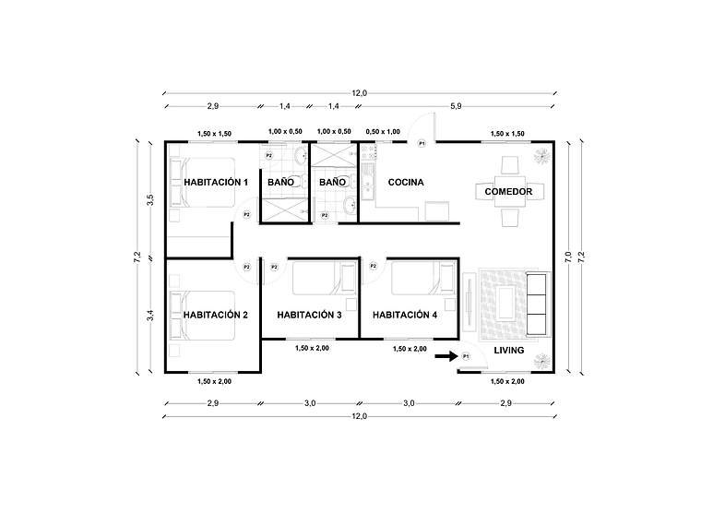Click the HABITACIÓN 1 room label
(x=216, y=182)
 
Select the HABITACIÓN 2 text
(x=216, y=315)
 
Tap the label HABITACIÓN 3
(x=310, y=315)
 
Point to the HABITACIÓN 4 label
(x=406, y=315)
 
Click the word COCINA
(x=406, y=182)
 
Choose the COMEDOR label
(x=508, y=191)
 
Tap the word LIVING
(x=508, y=351)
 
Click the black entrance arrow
(x=446, y=355)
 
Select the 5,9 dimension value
(x=456, y=107)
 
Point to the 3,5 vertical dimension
(x=150, y=200)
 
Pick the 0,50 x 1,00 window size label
(x=383, y=133)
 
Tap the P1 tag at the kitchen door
(x=422, y=143)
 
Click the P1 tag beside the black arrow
(x=466, y=356)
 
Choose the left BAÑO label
(x=280, y=182)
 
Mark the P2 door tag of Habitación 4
(x=374, y=267)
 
